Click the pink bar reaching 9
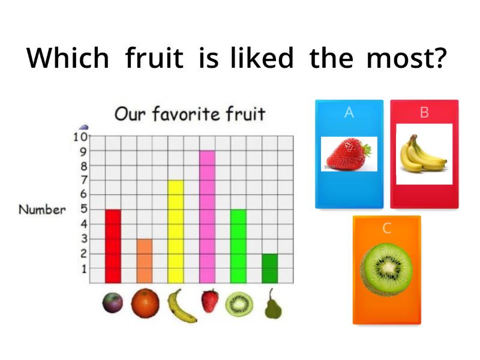coord(207,217)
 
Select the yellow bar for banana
coord(176,232)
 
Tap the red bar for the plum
coord(113,246)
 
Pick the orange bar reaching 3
coord(145,261)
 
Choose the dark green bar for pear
coord(269,268)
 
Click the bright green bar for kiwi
coord(238,246)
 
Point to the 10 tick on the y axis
coord(80,137)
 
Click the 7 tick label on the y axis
coord(83,180)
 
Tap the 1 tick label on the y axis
coord(84,269)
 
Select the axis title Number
coord(42,209)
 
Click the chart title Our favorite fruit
coord(190,113)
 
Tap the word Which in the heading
coord(68,58)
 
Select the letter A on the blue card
coord(349,112)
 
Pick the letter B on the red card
coord(424,112)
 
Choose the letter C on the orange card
coord(386,228)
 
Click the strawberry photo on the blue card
coord(349,154)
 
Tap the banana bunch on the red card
coord(424,154)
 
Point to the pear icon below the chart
coord(272,304)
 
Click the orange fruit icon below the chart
coord(145,304)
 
